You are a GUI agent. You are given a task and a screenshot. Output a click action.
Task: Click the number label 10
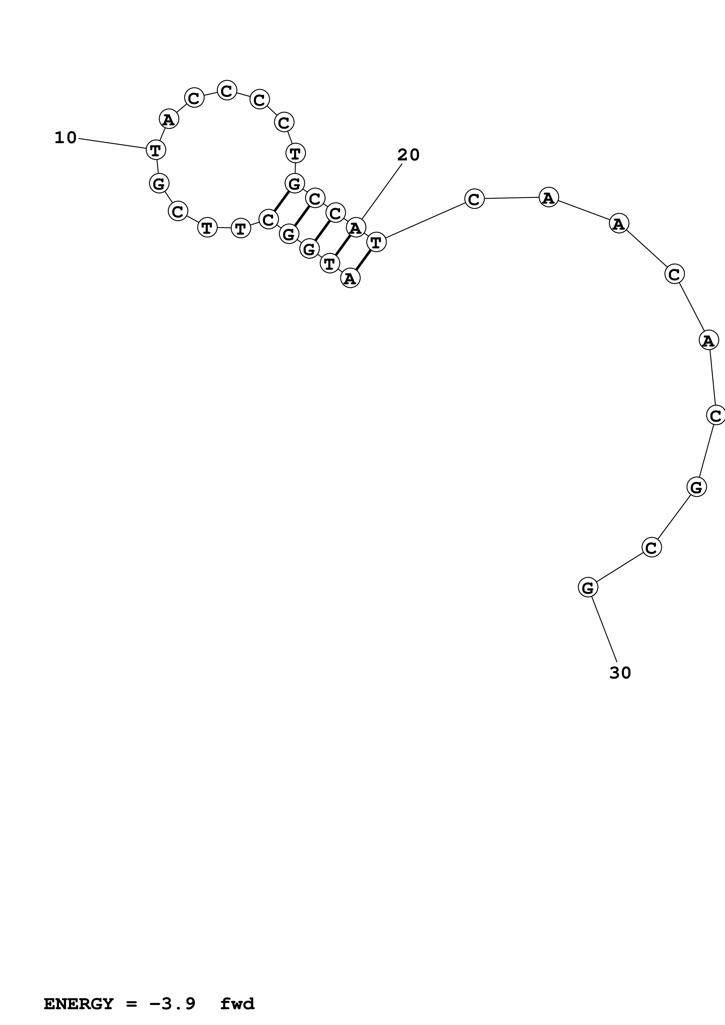pyautogui.click(x=65, y=138)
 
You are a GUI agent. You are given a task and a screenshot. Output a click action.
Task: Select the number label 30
pyautogui.click(x=620, y=673)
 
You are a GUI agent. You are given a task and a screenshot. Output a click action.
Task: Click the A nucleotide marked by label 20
pyautogui.click(x=356, y=228)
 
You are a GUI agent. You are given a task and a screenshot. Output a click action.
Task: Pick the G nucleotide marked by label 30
pyautogui.click(x=588, y=588)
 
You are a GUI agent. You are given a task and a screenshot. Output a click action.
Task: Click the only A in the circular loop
pyautogui.click(x=169, y=119)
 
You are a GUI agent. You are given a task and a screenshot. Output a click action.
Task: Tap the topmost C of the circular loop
pyautogui.click(x=227, y=91)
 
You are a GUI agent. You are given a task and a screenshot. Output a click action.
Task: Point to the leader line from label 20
pyautogui.click(x=382, y=192)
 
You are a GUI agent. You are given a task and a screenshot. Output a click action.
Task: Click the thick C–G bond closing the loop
pyautogui.click(x=281, y=201)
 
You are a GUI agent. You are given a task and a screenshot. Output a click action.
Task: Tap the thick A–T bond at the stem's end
pyautogui.click(x=364, y=261)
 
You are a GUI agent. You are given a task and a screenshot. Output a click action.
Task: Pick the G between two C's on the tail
pyautogui.click(x=696, y=486)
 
